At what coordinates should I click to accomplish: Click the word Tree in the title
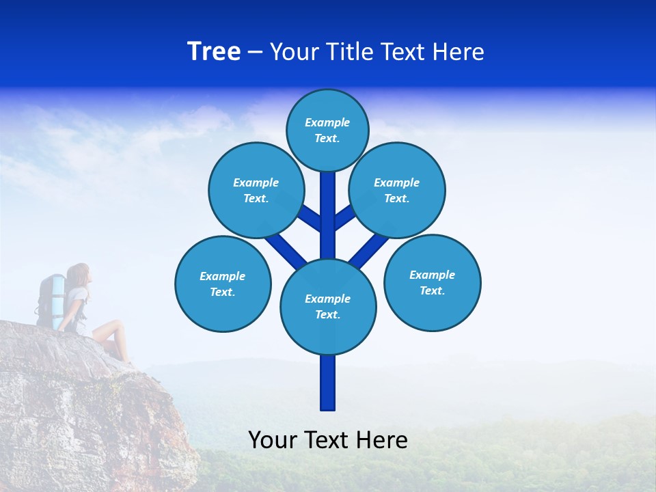coord(214,51)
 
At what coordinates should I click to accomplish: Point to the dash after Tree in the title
coord(255,53)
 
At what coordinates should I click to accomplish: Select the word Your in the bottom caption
coord(273,440)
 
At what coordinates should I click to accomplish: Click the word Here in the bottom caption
coord(382,440)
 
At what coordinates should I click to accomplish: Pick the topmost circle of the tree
coord(327,130)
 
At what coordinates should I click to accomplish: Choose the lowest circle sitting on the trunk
coord(328,307)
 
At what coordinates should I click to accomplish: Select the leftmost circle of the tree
coord(223,284)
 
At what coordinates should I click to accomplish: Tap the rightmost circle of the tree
coord(432,282)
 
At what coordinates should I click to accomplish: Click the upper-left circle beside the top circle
coord(256,190)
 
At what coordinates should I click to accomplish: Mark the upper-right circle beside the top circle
coord(397,190)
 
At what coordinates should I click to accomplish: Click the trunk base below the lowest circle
coord(328,383)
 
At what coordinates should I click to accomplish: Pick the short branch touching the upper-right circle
coord(344,218)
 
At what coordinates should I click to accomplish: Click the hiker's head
coord(79,274)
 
